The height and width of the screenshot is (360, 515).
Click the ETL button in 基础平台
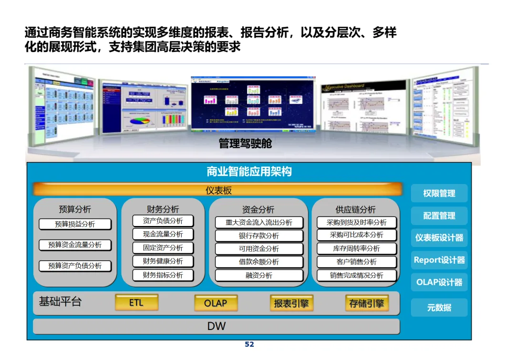tap(136, 302)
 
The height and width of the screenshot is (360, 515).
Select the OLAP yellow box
tap(216, 303)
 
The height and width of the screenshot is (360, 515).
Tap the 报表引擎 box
tap(291, 303)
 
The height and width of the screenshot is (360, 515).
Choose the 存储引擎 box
tap(366, 303)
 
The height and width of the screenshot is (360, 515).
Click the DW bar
tap(216, 326)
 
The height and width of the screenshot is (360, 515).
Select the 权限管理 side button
tap(439, 193)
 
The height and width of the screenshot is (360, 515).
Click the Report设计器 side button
tap(439, 260)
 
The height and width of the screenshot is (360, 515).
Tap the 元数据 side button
tap(439, 308)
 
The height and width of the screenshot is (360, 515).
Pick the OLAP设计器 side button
tap(439, 282)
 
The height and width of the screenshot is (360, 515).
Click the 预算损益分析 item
tap(75, 224)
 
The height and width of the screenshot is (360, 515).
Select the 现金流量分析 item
tap(163, 234)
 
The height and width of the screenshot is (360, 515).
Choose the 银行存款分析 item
tap(259, 236)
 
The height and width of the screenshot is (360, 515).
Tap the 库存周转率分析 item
tap(356, 248)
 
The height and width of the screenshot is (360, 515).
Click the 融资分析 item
tap(259, 275)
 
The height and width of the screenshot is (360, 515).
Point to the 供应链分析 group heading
tap(355, 209)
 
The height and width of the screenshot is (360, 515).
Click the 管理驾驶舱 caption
tap(245, 143)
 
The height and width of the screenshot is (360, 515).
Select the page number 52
tap(249, 344)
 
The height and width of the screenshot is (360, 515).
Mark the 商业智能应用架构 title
tap(249, 172)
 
